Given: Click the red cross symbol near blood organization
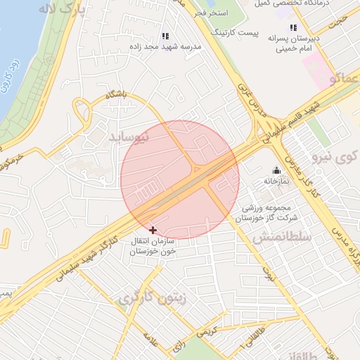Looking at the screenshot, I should pos(153,230).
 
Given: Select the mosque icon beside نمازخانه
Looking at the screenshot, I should pos(276,169).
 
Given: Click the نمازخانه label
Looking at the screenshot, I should pos(276,181).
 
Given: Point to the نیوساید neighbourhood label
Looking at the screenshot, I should pos(130,137).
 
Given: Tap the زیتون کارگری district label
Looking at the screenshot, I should pos(153,297).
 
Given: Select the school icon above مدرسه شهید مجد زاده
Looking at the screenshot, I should pos(165,35).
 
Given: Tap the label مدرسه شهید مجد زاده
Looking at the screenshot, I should pos(165,46).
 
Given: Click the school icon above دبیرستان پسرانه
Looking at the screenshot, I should pos(293,27).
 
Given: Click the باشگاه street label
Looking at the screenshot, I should pos(117,94).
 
